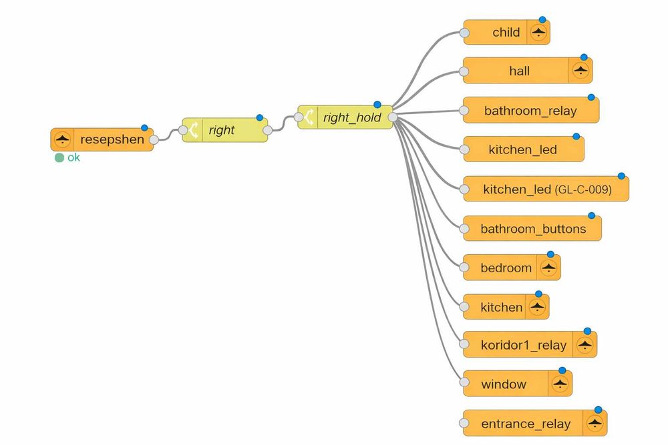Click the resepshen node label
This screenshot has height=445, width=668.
(x=112, y=140)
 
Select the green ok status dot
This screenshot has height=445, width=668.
(x=59, y=158)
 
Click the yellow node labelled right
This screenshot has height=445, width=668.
(x=222, y=130)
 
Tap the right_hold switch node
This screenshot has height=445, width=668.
(x=351, y=117)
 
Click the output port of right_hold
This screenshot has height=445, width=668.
(x=393, y=117)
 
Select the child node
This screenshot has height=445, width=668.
(x=506, y=32)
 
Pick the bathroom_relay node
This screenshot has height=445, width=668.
(x=530, y=111)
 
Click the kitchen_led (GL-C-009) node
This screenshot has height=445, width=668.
(x=546, y=189)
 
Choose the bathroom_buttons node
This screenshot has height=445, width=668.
(x=533, y=229)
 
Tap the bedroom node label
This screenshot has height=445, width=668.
(x=506, y=268)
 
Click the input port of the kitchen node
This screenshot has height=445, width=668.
(x=464, y=307)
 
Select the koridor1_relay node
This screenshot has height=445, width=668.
(x=523, y=346)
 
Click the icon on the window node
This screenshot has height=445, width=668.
(x=560, y=384)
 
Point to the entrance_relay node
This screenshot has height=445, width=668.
(x=526, y=424)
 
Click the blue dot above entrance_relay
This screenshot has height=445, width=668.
(x=598, y=410)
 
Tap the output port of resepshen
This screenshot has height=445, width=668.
(x=154, y=140)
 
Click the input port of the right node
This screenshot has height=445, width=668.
(x=183, y=130)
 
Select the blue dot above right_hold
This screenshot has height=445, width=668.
(x=377, y=105)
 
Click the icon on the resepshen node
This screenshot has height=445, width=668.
(x=62, y=140)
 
